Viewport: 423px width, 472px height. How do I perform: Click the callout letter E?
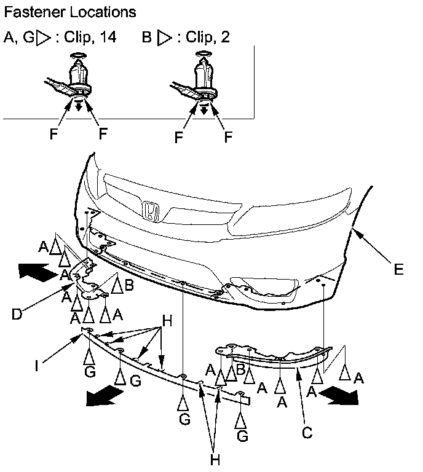[398, 269]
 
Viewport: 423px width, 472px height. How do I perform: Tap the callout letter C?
[307, 433]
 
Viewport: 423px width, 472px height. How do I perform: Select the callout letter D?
[17, 314]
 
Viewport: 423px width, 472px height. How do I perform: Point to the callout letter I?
[36, 366]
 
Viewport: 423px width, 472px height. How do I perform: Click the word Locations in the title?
[103, 12]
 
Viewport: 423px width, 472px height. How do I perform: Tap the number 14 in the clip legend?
[108, 37]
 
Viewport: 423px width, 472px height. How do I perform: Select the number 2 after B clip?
[225, 37]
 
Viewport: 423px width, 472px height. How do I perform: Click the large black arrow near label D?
[38, 272]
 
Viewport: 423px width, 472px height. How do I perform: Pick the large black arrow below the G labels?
[105, 396]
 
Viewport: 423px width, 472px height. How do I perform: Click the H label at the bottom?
[215, 460]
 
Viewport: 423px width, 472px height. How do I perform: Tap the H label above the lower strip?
[167, 321]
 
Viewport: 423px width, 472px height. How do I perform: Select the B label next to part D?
[129, 285]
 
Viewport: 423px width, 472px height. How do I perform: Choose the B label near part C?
[240, 369]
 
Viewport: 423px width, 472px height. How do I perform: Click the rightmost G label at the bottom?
[242, 436]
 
